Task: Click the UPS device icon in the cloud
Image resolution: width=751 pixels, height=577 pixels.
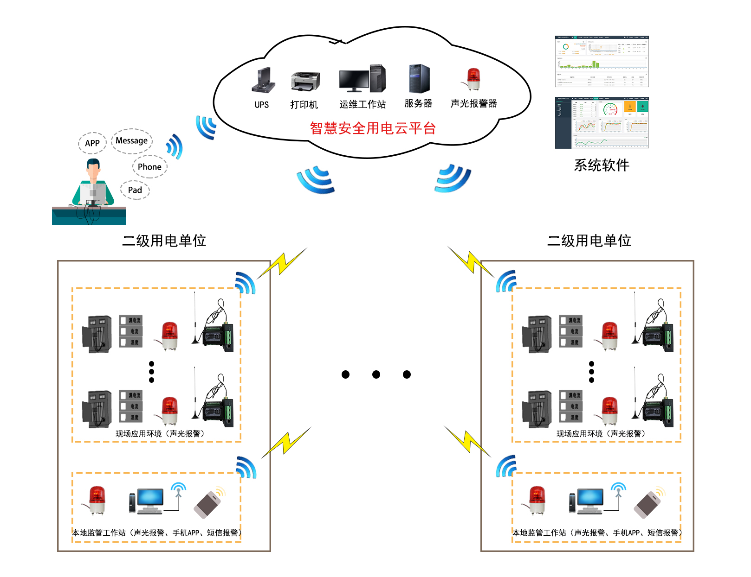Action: pos(263,80)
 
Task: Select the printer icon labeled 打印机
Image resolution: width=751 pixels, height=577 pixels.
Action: pos(305,82)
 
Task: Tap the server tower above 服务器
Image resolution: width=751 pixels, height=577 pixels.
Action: pos(419,79)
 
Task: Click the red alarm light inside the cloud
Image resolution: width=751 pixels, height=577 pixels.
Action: pos(473,79)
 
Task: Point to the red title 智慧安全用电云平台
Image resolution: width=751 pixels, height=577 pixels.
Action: pos(373,128)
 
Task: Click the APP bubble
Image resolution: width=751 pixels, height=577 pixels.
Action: pos(92,143)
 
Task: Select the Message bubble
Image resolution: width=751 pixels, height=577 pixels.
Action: pos(132,141)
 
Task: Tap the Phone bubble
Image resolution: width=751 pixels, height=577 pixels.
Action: pos(149,167)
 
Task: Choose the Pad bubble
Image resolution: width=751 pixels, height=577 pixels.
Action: pos(135,190)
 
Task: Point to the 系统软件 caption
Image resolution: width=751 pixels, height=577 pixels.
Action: pos(602,165)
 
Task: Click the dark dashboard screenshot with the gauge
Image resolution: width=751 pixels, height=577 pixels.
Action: pos(602,123)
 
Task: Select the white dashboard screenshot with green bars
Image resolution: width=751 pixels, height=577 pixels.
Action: pos(602,61)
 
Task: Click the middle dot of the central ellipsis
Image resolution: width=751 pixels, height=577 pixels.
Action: pos(376,374)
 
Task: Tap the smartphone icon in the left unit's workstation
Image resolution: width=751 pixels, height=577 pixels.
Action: pos(208,504)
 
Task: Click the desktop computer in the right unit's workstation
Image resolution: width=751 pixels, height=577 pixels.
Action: pos(587,501)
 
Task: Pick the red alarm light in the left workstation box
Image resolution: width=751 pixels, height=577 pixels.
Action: pos(97,500)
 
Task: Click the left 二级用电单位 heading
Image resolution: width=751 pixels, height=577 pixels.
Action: pos(164,241)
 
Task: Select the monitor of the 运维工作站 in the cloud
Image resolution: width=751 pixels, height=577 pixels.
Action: pos(354,80)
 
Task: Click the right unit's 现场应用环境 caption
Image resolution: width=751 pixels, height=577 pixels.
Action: pos(601,434)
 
